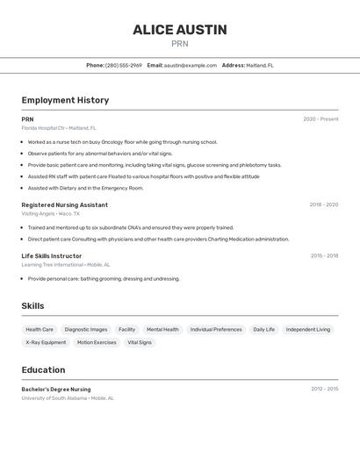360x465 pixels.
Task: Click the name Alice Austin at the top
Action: point(180,30)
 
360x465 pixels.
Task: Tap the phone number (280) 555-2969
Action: point(124,65)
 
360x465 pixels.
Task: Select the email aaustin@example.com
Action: point(191,65)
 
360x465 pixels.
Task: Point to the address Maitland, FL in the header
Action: point(260,65)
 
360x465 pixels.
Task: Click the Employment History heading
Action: point(65,100)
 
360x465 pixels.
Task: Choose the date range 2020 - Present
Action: point(320,119)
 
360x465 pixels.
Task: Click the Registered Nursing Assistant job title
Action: point(65,204)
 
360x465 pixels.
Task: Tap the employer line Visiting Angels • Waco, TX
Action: point(51,213)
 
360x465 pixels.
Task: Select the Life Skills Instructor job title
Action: point(52,256)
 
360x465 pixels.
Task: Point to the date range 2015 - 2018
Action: point(324,256)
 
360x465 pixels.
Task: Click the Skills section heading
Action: point(33,305)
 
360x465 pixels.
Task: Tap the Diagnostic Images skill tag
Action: point(86,330)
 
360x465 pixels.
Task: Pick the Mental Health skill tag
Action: point(162,330)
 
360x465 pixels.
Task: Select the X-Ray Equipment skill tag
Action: point(47,343)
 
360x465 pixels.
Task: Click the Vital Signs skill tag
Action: point(140,343)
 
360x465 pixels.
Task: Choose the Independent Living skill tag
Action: point(308,330)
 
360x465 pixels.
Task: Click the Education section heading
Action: point(43,369)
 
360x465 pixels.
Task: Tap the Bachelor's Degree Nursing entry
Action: point(56,389)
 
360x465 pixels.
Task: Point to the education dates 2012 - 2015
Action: point(324,389)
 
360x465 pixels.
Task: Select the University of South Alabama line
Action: point(68,398)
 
